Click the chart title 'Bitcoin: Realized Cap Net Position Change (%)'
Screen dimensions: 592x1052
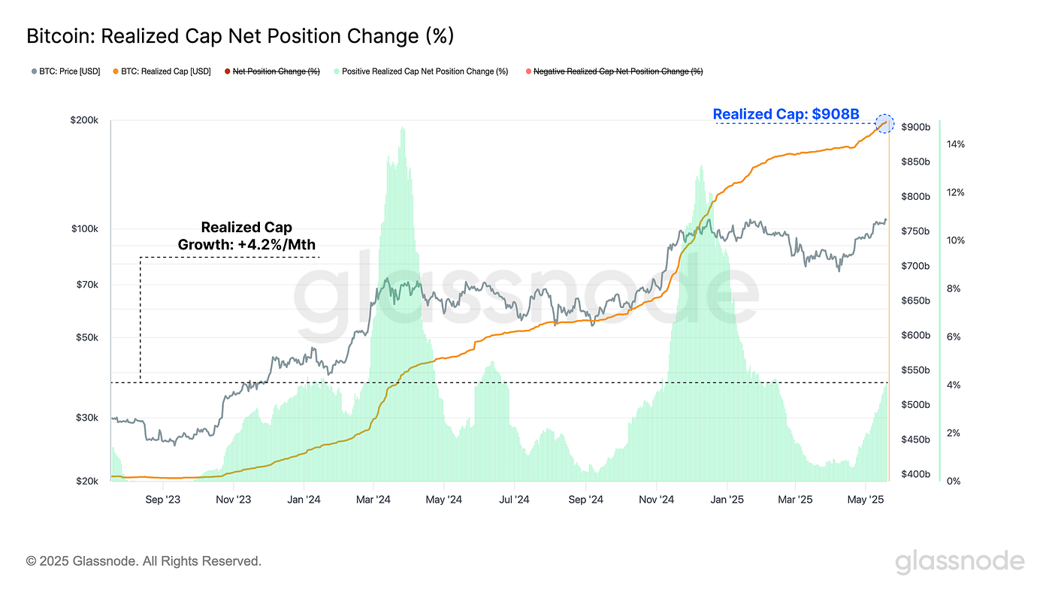pyautogui.click(x=240, y=35)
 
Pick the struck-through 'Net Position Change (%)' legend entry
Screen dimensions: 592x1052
pyautogui.click(x=275, y=71)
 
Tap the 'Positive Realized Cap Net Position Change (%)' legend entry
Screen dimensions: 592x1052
pyautogui.click(x=424, y=71)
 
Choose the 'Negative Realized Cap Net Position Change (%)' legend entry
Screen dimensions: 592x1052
pyautogui.click(x=617, y=71)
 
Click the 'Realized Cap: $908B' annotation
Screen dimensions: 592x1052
pyautogui.click(x=785, y=114)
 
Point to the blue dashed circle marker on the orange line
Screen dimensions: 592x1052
pyautogui.click(x=885, y=124)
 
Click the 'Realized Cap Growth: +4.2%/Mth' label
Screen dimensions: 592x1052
pyautogui.click(x=246, y=236)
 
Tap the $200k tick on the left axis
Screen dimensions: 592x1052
pyautogui.click(x=84, y=120)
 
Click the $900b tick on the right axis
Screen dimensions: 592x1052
pyautogui.click(x=915, y=127)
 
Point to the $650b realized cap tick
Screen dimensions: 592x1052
pyautogui.click(x=915, y=301)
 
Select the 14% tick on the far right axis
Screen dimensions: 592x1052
pyautogui.click(x=955, y=144)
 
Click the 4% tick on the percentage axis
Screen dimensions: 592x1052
pyautogui.click(x=953, y=385)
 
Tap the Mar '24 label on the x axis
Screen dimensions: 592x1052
pyautogui.click(x=373, y=499)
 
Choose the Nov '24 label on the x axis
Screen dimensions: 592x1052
pyautogui.click(x=656, y=499)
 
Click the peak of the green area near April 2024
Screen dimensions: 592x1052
pyautogui.click(x=403, y=128)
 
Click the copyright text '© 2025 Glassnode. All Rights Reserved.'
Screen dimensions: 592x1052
pyautogui.click(x=144, y=560)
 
